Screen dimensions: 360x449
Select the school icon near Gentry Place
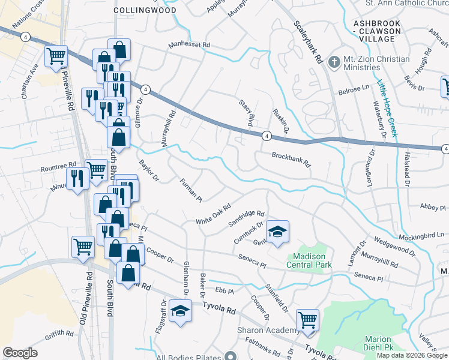[x=278, y=232]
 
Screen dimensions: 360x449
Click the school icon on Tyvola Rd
[x=179, y=311]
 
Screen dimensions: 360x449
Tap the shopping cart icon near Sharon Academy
[x=307, y=320]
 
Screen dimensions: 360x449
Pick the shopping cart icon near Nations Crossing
[x=56, y=56]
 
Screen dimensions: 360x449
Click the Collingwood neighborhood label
[x=145, y=10]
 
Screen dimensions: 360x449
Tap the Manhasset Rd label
[x=190, y=45]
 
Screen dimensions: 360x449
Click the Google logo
[x=20, y=352]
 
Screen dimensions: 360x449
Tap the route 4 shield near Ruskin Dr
[x=265, y=136]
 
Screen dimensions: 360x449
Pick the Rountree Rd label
[x=58, y=164]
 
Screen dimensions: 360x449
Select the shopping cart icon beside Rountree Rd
[x=96, y=170]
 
